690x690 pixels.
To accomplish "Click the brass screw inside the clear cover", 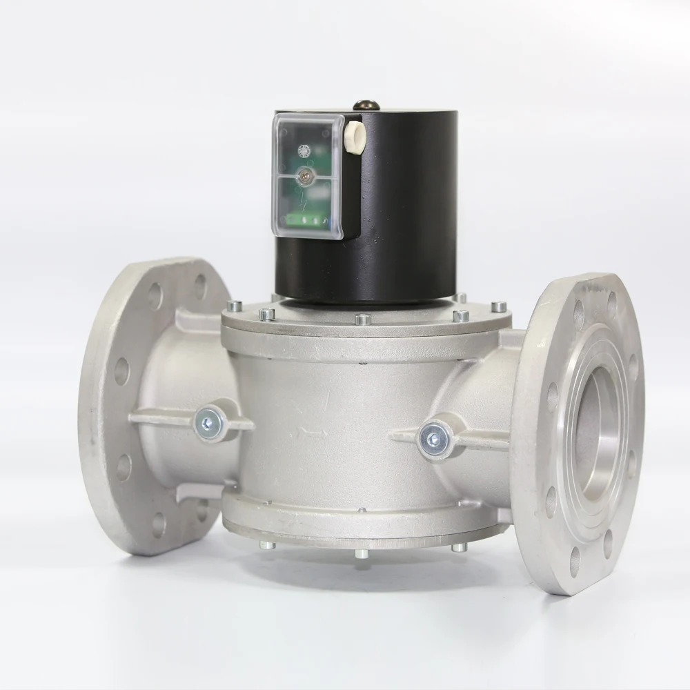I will click(303, 177).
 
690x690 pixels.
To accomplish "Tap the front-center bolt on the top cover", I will click(362, 319).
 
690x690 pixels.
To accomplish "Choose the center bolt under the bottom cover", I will click(362, 553).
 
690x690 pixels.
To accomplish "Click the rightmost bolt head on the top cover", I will click(498, 306).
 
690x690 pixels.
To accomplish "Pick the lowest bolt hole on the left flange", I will click(159, 524).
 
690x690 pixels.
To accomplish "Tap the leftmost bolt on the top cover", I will click(235, 305).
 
